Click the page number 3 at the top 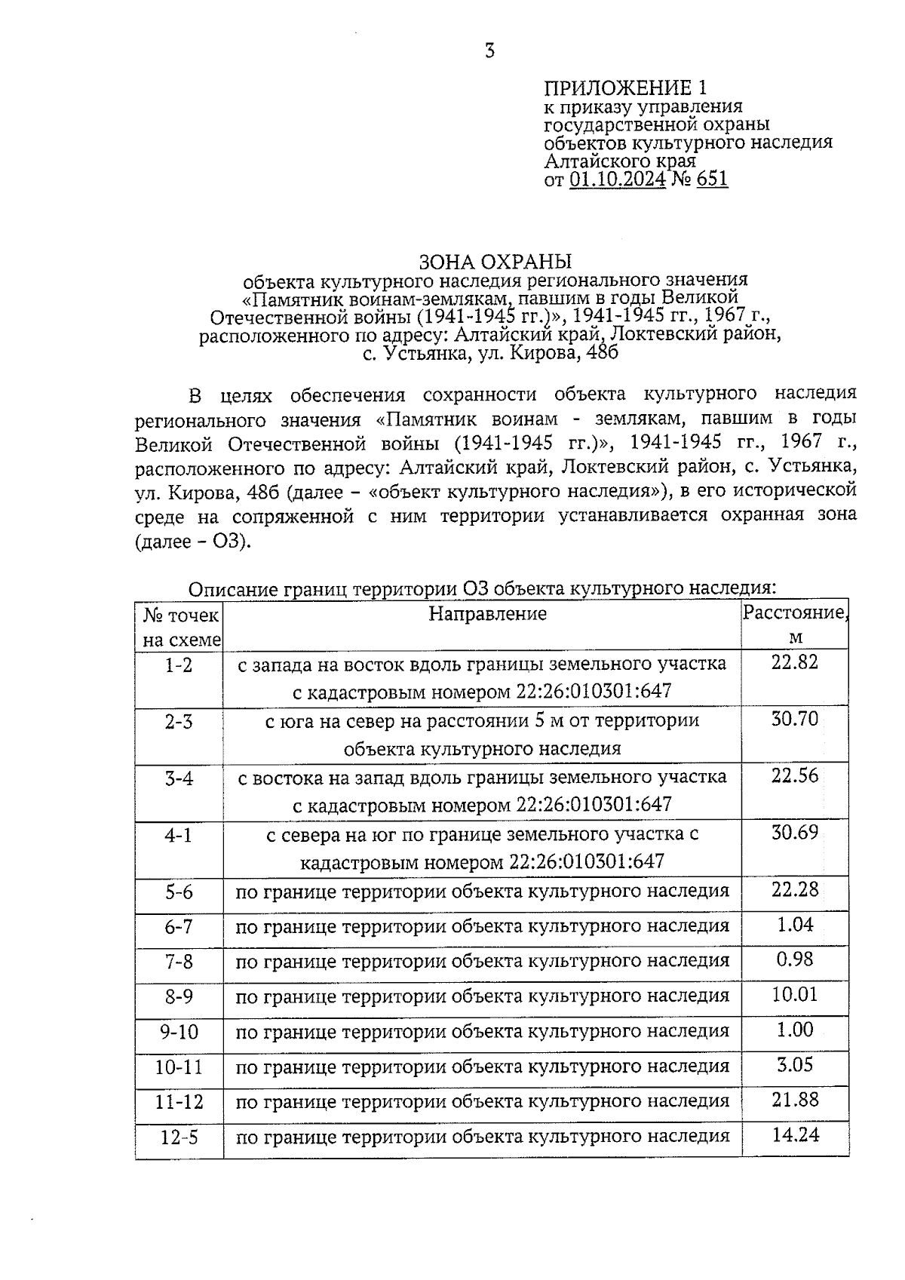(x=489, y=52)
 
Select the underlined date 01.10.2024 (x=618, y=180)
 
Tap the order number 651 (x=713, y=180)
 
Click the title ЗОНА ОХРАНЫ (x=495, y=262)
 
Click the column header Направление (x=487, y=614)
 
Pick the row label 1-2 (x=179, y=665)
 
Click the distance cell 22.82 (x=794, y=662)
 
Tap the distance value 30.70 (x=794, y=719)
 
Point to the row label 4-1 (x=179, y=835)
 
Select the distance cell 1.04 (x=795, y=925)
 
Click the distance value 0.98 (x=795, y=959)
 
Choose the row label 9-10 (x=179, y=1032)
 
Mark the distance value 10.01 (x=794, y=994)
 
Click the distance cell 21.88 (x=795, y=1100)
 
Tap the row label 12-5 (x=179, y=1137)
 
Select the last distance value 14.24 (x=795, y=1134)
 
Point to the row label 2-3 (x=179, y=722)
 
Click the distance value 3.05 (x=795, y=1064)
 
